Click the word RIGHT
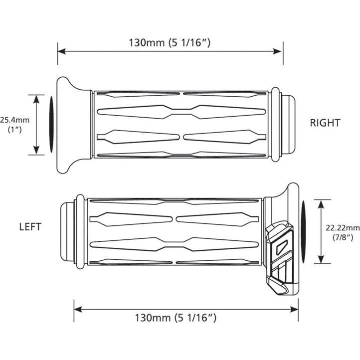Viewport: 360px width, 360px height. pyautogui.click(x=325, y=123)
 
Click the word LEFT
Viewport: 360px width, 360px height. pyautogui.click(x=30, y=227)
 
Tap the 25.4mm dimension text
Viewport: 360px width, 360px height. pyautogui.click(x=14, y=120)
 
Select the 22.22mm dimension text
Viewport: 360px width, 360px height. pyautogui.click(x=343, y=228)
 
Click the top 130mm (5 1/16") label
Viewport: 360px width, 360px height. pyautogui.click(x=170, y=43)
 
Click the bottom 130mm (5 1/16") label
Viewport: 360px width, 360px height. pyautogui.click(x=176, y=318)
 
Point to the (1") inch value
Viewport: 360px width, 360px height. pyautogui.click(x=15, y=130)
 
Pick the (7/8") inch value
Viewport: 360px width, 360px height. pyautogui.click(x=343, y=237)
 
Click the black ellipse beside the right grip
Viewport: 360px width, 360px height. pyautogui.click(x=51, y=125)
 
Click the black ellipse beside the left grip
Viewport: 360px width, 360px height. pyautogui.click(x=304, y=232)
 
